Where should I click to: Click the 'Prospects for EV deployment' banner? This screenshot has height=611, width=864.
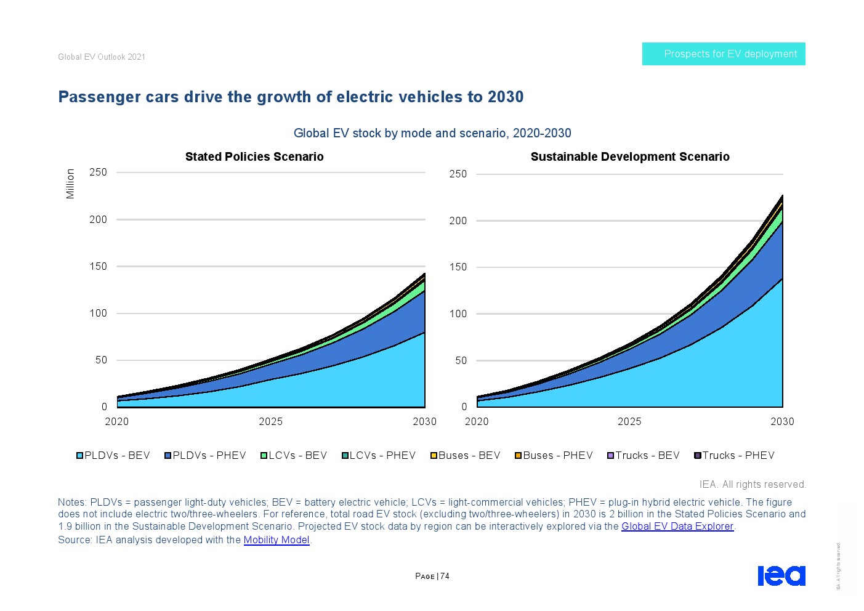[724, 54]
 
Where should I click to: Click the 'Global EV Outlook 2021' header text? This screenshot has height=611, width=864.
[102, 57]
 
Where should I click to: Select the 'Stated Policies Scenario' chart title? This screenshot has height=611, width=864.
[254, 157]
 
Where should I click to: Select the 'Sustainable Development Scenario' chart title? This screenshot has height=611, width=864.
[630, 157]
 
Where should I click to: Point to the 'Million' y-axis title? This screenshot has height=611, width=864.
[70, 184]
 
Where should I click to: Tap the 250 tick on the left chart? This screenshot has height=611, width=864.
[98, 172]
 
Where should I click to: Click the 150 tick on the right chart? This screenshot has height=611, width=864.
[458, 267]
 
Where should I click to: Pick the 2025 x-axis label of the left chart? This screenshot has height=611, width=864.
[271, 422]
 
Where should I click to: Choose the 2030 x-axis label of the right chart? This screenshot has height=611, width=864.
[782, 422]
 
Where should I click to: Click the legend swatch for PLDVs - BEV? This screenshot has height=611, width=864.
[80, 456]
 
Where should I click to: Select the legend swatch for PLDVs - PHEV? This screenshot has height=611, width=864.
[168, 456]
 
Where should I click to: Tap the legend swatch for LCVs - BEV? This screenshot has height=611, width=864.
[264, 456]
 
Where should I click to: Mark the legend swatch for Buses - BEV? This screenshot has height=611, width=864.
[434, 456]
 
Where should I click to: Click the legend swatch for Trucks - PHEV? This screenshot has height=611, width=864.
[698, 456]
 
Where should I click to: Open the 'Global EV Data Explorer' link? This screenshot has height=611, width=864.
[677, 527]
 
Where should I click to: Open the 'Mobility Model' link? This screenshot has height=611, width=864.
[277, 540]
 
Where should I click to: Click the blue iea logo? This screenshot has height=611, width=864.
[781, 575]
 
